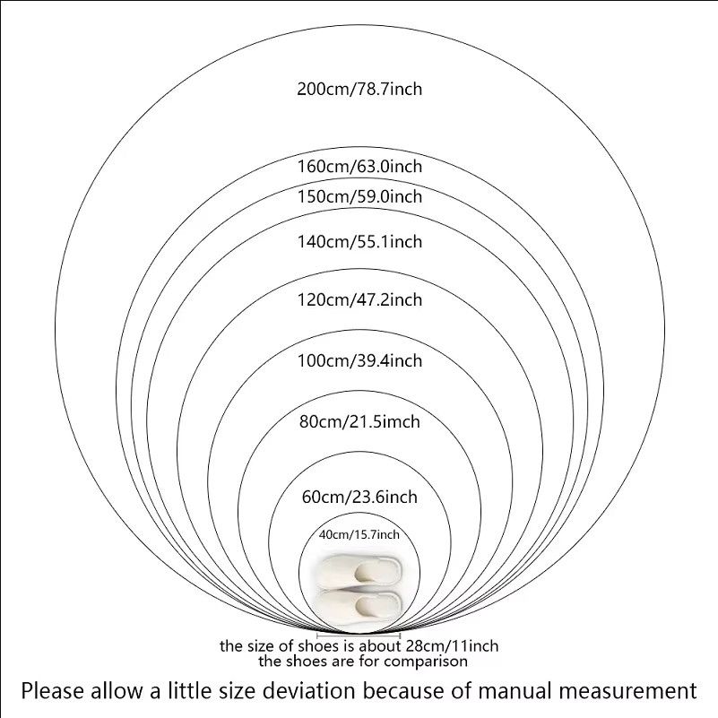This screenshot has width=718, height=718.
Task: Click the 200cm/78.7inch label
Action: (359, 89)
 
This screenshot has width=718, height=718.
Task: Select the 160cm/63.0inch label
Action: (359, 166)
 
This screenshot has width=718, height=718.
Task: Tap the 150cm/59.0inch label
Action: (359, 196)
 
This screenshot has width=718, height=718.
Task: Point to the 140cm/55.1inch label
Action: (359, 241)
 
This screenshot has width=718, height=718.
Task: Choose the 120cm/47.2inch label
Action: (359, 300)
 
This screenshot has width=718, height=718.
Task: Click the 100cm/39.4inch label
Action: (359, 361)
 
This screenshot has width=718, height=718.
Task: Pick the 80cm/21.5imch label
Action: (359, 421)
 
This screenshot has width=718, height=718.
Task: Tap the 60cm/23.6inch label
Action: (359, 497)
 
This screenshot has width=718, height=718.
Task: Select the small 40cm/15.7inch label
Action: (359, 534)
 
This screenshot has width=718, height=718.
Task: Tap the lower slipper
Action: (360, 605)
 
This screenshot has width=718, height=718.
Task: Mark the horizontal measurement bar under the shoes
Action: (359, 636)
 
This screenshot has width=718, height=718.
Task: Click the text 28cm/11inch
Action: (452, 646)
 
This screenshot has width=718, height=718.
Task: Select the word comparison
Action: (426, 662)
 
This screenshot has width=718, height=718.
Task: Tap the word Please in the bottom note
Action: (54, 691)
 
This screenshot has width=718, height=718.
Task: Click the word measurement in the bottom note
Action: (621, 691)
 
